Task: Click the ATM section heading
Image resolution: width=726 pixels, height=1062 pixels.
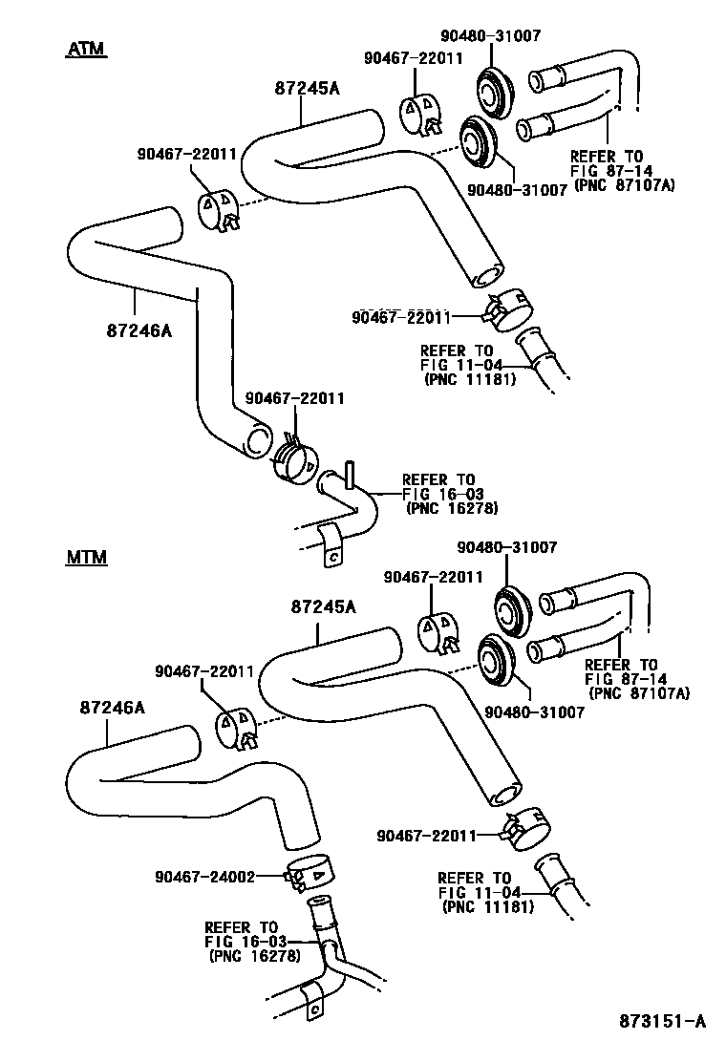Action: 85,49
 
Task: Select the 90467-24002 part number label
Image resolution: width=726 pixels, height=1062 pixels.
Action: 203,876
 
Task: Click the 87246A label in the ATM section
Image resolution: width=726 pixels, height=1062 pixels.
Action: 139,329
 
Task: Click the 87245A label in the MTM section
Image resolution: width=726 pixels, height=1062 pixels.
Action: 324,606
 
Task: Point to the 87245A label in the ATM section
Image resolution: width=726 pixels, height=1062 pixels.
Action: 308,89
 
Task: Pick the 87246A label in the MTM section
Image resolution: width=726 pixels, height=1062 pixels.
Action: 112,708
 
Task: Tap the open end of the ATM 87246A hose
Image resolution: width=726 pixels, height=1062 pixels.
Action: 256,440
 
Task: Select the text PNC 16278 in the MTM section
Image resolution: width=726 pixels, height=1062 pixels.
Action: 252,956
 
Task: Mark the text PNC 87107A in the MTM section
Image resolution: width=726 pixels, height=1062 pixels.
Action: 639,692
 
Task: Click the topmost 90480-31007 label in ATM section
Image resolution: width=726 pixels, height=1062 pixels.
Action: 491,36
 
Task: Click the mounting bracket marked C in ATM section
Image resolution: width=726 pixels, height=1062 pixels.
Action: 333,551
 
